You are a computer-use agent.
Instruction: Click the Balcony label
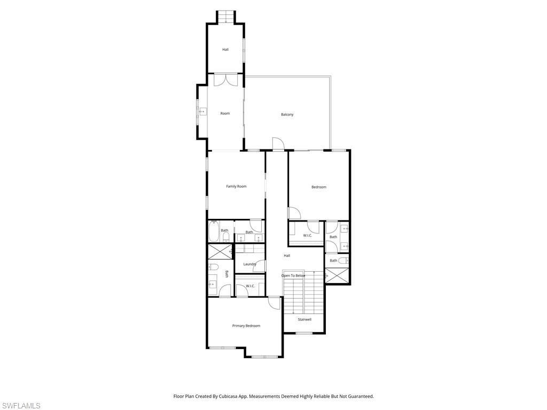coord(287,115)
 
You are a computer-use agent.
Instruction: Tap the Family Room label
coord(236,186)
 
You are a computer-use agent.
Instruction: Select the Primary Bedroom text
coord(246,326)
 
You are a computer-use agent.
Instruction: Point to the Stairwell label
coord(304,320)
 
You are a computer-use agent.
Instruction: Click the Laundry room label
coord(249,264)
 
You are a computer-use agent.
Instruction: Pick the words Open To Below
coord(293,275)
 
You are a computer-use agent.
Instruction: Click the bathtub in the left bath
coord(213,233)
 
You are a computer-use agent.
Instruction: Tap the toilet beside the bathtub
coord(226,235)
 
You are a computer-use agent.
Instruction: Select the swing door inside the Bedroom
coord(294,213)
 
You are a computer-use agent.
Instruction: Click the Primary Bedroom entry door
coord(275,303)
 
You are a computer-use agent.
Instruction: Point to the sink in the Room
coord(202,112)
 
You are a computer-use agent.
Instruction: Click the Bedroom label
coord(319,187)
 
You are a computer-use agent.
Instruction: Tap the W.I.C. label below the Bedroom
coord(308,235)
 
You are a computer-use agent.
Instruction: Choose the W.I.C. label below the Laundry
coord(250,286)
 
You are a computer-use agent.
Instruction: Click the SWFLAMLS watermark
coord(21,406)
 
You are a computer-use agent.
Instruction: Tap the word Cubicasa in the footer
coord(228,396)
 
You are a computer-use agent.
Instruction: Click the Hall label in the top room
coord(225,50)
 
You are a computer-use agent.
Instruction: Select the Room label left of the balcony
coord(225,113)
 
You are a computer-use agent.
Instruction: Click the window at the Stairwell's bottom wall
coord(304,334)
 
